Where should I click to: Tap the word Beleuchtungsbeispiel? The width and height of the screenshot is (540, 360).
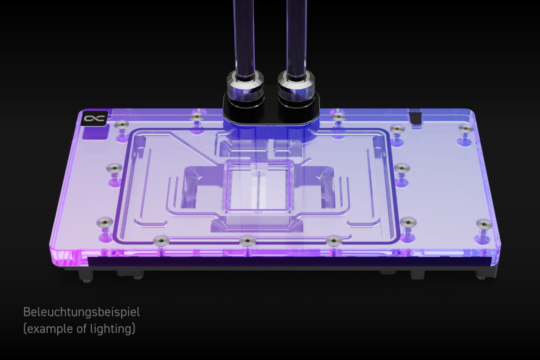click(x=81, y=312)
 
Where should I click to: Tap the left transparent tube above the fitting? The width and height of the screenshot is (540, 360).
click(x=245, y=36)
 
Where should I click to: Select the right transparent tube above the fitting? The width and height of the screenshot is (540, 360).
click(x=296, y=36)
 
